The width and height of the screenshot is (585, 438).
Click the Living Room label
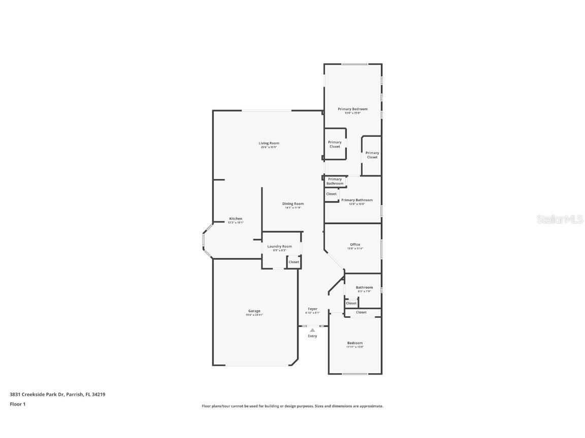point(269,143)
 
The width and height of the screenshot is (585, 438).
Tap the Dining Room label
point(292,204)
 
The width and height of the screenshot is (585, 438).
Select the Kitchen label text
point(236,218)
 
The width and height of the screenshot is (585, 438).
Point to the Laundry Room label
point(279,246)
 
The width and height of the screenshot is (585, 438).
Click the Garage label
point(254,311)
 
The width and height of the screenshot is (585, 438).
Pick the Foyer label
point(312,309)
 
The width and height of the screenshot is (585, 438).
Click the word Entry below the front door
point(312,336)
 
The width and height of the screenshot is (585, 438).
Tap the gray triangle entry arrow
point(312,330)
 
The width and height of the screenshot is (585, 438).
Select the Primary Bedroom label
point(352,109)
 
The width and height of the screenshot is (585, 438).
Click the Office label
point(355,244)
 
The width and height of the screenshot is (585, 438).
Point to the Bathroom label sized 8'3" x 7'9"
point(364,287)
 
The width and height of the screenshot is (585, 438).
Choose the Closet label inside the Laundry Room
point(294,262)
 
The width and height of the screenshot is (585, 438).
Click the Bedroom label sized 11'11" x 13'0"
point(354,343)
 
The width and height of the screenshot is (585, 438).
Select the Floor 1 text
point(17,404)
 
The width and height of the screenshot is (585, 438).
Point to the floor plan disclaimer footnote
point(292,406)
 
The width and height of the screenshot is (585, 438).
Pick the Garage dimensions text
point(254,315)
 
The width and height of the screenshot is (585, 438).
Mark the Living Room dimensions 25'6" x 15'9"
point(269,148)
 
